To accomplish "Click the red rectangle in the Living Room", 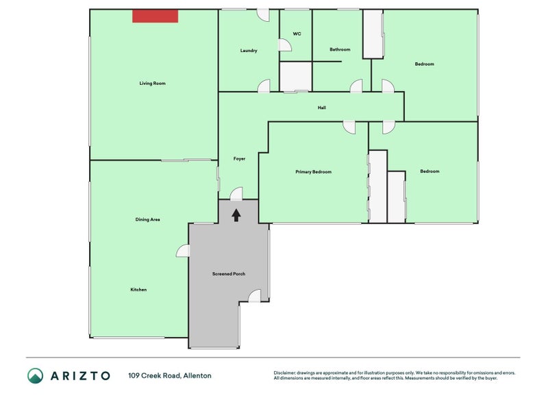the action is point(155,16).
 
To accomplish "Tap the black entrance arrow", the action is point(236,215).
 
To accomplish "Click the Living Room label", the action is point(152,83).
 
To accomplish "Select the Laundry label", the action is point(249,51).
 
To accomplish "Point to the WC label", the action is point(297,34).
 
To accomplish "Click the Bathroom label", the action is point(340,49).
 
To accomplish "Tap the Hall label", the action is point(321,108).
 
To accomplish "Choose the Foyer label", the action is point(239,159).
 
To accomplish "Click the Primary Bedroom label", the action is point(314,172).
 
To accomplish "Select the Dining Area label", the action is point(147,219).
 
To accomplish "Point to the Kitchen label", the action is point(138,289).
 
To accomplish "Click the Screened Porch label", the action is point(229,273).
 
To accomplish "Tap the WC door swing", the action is point(285,45).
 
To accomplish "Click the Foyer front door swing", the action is point(236,194).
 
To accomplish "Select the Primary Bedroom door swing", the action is point(349,127).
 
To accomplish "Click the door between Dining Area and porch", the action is point(183,251).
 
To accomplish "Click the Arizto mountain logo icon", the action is point(36,375).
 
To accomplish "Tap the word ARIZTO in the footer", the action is point(80,375).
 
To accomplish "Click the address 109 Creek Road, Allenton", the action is point(170,375).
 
